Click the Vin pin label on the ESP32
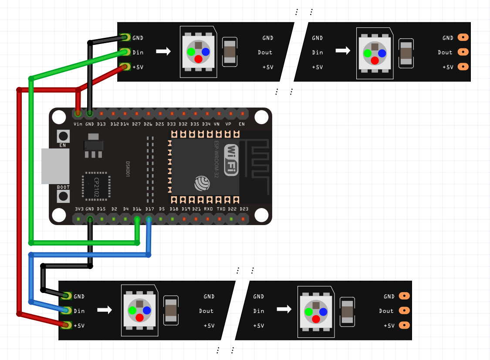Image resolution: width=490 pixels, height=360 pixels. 78,124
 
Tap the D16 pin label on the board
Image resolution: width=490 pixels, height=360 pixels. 137,209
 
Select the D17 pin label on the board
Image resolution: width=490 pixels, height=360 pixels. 149,209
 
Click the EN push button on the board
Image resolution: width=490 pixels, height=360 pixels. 63,136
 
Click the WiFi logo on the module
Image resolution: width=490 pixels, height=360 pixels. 231,160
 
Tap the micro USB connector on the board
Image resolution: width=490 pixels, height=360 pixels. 55,166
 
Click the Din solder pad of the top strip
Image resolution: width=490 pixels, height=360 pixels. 125,52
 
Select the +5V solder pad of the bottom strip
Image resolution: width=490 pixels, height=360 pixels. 67,325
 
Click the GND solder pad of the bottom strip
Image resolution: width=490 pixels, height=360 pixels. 67,296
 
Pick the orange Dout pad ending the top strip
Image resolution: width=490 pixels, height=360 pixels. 463,52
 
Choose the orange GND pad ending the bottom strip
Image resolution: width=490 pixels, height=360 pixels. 404,296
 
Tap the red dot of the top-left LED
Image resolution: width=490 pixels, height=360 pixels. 198,59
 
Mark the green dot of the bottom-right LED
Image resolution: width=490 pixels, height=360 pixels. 308,312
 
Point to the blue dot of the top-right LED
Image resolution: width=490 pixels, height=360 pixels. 382,53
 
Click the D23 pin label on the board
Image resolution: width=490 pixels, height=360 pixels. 244,209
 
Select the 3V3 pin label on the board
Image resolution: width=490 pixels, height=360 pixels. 79,209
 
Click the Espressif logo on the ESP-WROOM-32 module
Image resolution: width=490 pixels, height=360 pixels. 203,183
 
